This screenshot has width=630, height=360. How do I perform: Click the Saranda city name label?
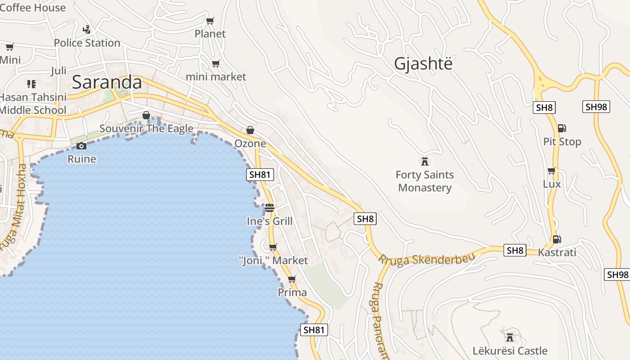[x=107, y=82]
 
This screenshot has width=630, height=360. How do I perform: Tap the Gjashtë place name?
[x=423, y=64]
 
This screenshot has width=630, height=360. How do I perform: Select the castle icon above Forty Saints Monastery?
[x=424, y=161]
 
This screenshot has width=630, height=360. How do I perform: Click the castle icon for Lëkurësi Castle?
[x=510, y=337]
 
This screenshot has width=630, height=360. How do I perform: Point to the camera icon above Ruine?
[x=81, y=146]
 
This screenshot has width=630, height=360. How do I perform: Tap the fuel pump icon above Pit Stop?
[x=562, y=128]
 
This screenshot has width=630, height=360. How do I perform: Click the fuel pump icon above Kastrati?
[x=557, y=239]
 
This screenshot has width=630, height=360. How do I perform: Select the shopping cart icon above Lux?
[x=552, y=171]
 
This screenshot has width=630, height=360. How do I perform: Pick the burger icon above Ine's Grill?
[x=270, y=208]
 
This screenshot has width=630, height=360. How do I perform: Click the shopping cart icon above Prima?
[x=292, y=279]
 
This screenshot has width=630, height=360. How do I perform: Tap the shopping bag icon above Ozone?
[x=250, y=130]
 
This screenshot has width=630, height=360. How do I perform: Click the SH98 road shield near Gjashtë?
[x=596, y=107]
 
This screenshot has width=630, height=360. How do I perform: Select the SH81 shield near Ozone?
[x=260, y=175]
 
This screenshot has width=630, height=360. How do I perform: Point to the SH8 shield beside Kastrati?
[x=515, y=250]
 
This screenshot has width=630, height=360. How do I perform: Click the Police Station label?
[x=87, y=43]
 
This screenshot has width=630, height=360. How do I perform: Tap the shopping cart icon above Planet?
[x=210, y=21]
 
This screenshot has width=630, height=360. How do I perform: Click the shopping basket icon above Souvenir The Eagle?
[x=146, y=116]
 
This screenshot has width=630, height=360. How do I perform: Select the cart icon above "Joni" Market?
[x=273, y=247]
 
